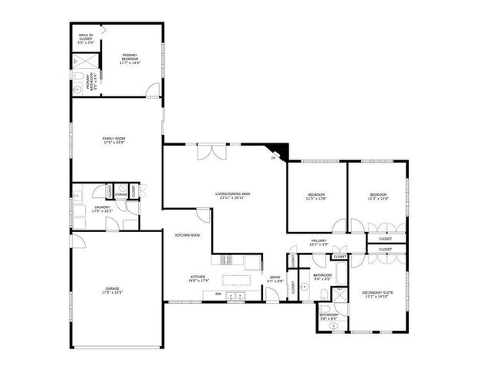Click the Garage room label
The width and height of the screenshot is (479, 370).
point(112,291)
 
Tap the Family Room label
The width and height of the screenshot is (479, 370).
point(114,140)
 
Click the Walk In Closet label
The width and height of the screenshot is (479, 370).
point(86,37)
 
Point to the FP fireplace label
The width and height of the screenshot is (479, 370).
point(273,159)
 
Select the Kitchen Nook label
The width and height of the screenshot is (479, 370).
point(187,235)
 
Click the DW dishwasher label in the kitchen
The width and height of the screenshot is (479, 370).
point(218,294)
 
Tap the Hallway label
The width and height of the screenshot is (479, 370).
point(319,242)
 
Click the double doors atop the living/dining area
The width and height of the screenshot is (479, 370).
point(211,151)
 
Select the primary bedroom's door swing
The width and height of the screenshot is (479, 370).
point(154,89)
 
